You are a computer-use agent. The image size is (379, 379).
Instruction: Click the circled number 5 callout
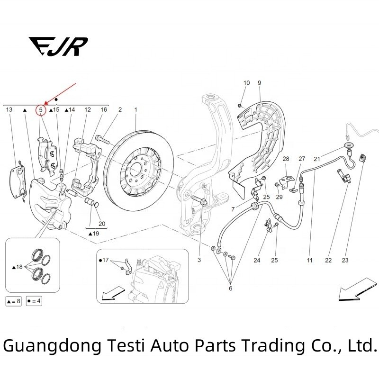[41, 110]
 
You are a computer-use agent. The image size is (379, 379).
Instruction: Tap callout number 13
[9, 110]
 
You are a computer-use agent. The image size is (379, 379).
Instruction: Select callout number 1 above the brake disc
[135, 110]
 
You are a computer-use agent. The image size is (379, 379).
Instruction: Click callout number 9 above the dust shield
[259, 83]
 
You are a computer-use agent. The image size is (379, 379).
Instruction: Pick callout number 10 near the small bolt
[246, 83]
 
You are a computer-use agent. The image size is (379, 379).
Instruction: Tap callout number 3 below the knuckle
[199, 260]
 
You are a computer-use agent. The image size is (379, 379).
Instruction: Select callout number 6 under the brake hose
[231, 288]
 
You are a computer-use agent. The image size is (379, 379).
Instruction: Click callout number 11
[309, 260]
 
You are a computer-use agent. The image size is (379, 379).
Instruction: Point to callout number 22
[328, 260]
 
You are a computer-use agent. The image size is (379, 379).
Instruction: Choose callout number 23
[345, 260]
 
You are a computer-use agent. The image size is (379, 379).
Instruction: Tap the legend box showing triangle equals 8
[13, 301]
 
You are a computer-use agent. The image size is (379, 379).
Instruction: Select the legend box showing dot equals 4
[34, 301]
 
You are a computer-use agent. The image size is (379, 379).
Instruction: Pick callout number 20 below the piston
[101, 224]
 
